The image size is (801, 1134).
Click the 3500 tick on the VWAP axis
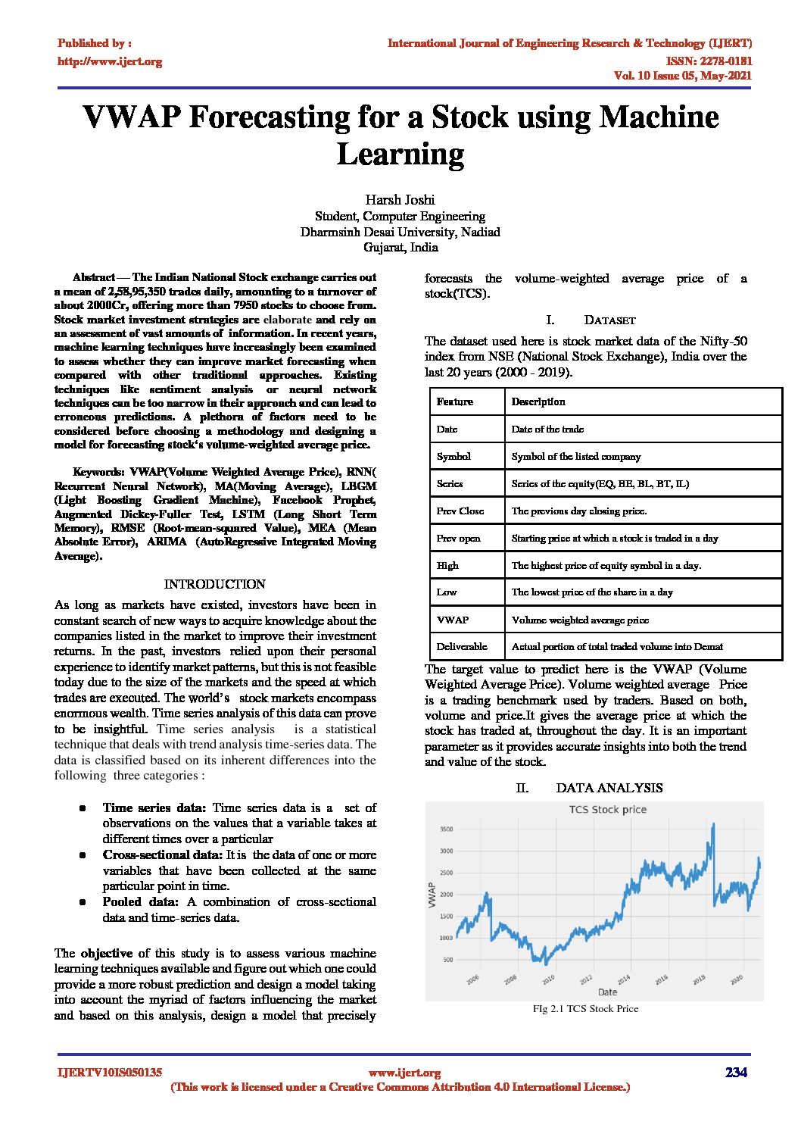446,829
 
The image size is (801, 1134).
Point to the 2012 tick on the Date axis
586,979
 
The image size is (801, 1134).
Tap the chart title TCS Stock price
607,809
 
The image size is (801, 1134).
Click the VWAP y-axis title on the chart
432,895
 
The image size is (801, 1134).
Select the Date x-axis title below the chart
607,992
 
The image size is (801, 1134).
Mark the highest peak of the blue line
712,824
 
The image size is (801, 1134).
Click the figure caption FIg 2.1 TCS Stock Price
585,1008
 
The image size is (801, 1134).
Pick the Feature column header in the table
454,401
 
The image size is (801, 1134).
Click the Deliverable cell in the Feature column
462,646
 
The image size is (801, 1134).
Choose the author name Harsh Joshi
400,200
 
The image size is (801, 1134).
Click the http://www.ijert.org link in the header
110,61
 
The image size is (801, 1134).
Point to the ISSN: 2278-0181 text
709,61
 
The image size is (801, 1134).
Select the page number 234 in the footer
736,1072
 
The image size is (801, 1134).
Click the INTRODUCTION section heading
214,584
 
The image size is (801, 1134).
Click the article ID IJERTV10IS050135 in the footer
110,1073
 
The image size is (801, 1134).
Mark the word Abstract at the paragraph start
94,277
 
